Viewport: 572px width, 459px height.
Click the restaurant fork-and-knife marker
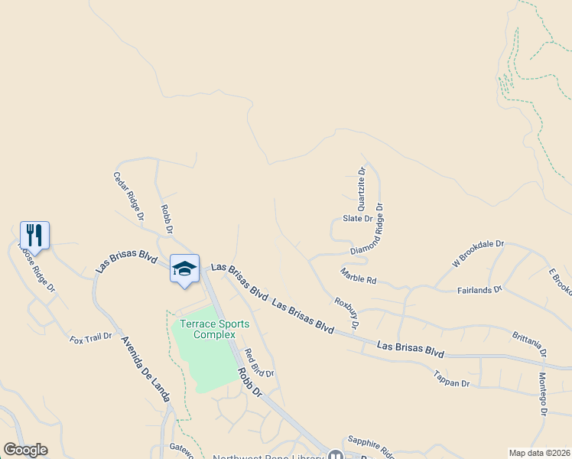[34, 234]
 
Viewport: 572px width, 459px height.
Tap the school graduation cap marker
[184, 269]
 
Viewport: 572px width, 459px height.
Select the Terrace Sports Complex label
[214, 329]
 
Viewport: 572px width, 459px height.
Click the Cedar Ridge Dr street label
[128, 197]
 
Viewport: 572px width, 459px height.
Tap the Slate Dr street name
[357, 219]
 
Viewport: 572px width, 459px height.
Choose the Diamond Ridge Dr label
[367, 229]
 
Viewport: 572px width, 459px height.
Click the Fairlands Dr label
[479, 290]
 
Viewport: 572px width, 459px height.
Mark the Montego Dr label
[543, 395]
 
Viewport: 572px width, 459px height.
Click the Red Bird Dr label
[258, 363]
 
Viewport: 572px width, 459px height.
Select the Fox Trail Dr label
[90, 338]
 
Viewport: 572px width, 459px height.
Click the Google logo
[25, 450]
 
